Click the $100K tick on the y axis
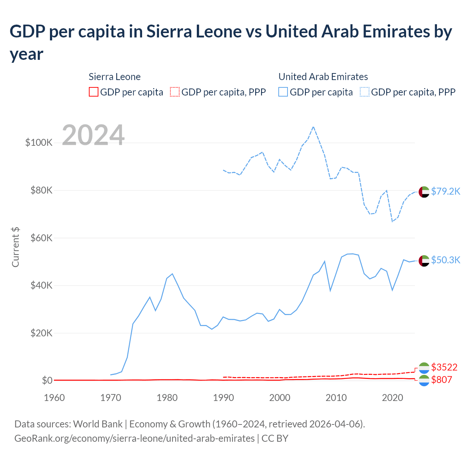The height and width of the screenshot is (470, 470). click(x=39, y=142)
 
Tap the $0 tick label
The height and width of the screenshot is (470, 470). click(x=47, y=380)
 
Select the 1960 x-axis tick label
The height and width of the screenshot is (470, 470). click(x=54, y=398)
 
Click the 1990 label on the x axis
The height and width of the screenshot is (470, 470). click(x=223, y=398)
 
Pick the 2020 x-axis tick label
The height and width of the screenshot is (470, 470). click(x=393, y=398)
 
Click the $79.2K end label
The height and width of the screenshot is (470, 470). click(x=445, y=191)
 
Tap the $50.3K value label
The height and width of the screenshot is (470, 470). click(x=445, y=260)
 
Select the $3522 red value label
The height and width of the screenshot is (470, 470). click(x=444, y=367)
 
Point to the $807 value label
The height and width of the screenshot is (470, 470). click(x=441, y=380)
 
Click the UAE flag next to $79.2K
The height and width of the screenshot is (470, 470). click(x=424, y=192)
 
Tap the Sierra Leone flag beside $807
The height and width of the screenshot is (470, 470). click(x=424, y=380)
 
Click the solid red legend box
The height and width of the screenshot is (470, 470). click(x=94, y=92)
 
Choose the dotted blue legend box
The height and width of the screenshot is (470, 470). click(x=365, y=92)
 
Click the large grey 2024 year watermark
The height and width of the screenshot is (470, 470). click(x=93, y=135)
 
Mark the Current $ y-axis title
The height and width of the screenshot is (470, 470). click(x=15, y=247)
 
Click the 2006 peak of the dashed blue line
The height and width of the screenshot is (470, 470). click(x=313, y=127)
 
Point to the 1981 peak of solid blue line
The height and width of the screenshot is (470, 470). click(x=172, y=274)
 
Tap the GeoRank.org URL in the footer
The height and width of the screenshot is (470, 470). click(x=134, y=438)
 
